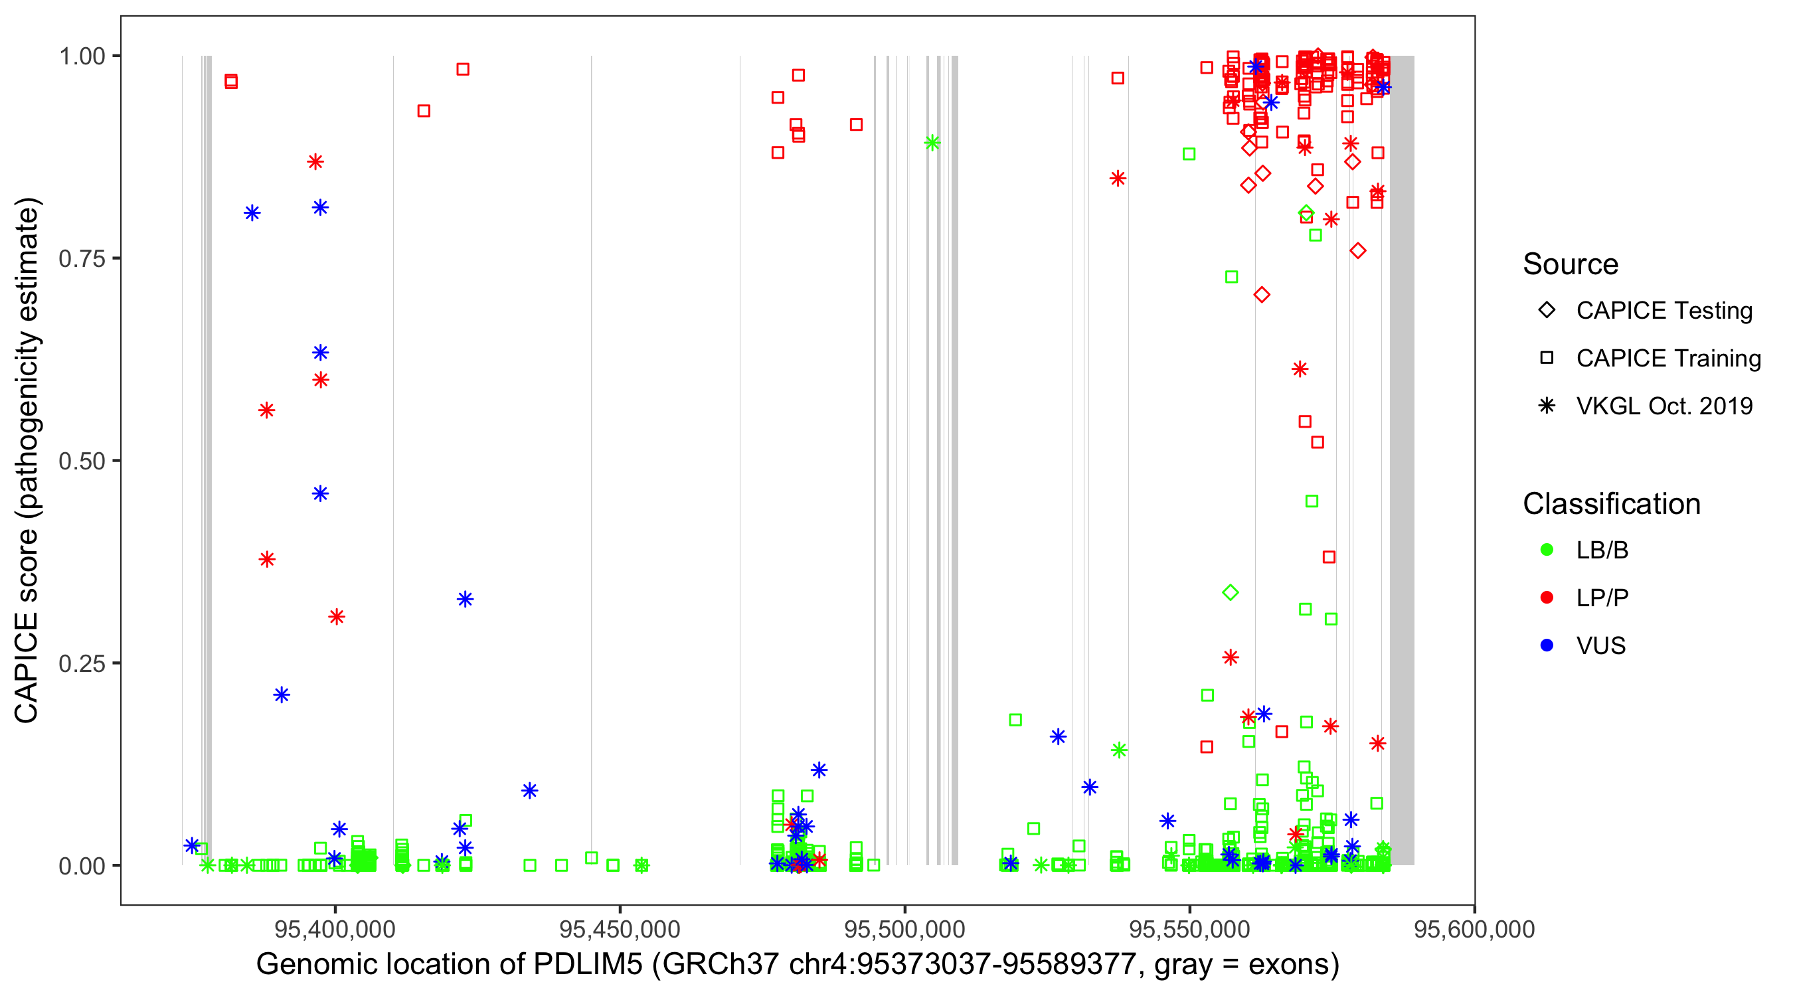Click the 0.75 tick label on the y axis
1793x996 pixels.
point(81,259)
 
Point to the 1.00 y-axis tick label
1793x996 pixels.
point(81,56)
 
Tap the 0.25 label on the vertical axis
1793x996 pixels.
point(81,663)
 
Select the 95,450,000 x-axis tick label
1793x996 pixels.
point(620,929)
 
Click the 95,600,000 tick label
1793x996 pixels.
point(1474,929)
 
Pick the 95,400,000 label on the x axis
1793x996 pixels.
point(335,929)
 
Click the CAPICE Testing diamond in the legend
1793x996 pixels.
point(1547,311)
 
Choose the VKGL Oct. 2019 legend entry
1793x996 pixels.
point(1664,406)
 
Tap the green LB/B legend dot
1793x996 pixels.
point(1547,550)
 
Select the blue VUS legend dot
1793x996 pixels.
point(1547,645)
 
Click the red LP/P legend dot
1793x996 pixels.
point(1547,598)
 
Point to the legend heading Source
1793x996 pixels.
point(1571,264)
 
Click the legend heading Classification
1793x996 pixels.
point(1610,504)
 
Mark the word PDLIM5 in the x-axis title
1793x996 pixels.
point(588,965)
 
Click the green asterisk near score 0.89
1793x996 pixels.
point(932,143)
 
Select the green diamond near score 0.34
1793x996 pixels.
point(1230,592)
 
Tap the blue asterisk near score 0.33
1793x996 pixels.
point(465,600)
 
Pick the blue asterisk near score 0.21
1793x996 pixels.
point(281,695)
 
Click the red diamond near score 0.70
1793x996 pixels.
point(1261,295)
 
